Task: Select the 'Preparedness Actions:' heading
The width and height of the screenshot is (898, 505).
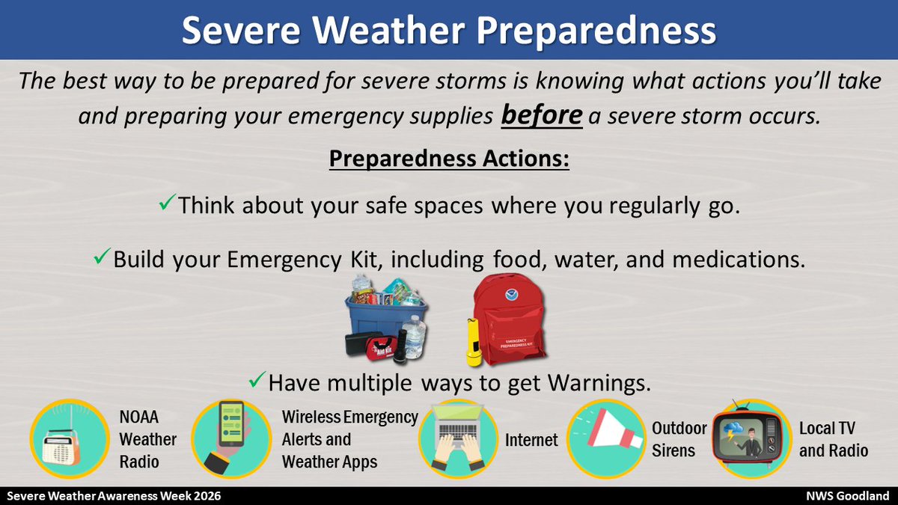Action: (x=449, y=160)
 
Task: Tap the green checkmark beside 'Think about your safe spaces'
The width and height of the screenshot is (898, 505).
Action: (x=168, y=203)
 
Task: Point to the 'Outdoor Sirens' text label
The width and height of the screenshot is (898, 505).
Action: (x=678, y=439)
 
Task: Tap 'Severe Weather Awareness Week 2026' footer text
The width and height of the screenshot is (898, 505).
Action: (x=114, y=496)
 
